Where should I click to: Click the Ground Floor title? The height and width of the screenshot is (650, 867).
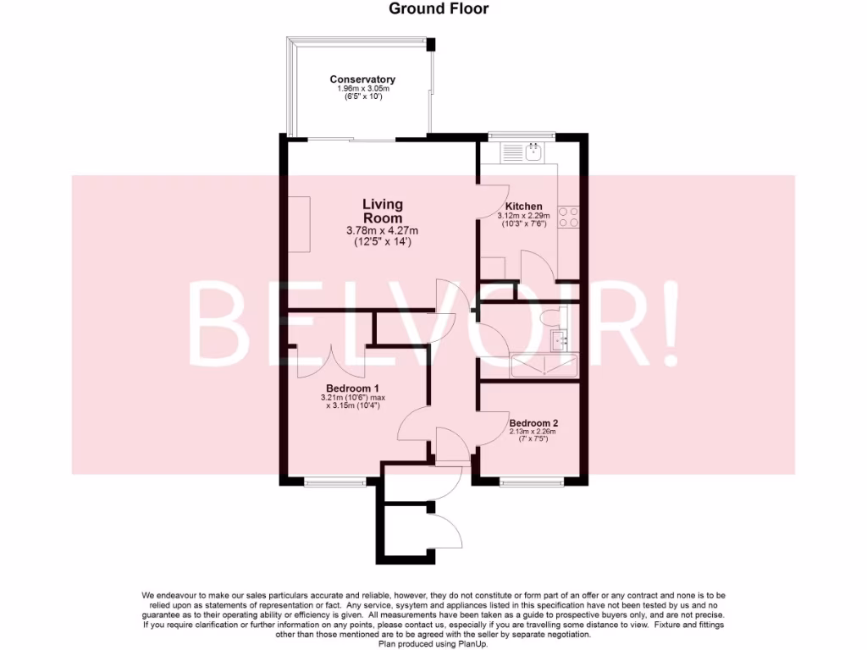click(439, 9)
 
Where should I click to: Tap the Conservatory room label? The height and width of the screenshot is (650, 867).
click(362, 80)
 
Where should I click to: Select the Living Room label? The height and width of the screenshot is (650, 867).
click(383, 211)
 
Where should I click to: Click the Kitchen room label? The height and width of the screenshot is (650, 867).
click(524, 207)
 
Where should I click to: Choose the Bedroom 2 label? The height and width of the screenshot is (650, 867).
click(533, 422)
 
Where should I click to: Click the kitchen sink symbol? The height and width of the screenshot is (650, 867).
click(534, 152)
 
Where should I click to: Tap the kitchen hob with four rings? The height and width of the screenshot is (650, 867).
click(569, 218)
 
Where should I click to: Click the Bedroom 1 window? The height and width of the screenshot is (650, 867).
click(331, 482)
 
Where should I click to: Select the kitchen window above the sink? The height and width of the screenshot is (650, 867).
click(522, 135)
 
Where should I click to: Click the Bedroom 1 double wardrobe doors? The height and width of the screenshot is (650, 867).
click(331, 360)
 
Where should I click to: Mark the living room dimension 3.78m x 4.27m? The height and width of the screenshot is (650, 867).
click(383, 231)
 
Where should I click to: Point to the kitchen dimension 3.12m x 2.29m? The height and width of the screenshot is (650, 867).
click(523, 216)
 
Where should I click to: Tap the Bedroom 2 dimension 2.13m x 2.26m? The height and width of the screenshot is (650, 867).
click(533, 432)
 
